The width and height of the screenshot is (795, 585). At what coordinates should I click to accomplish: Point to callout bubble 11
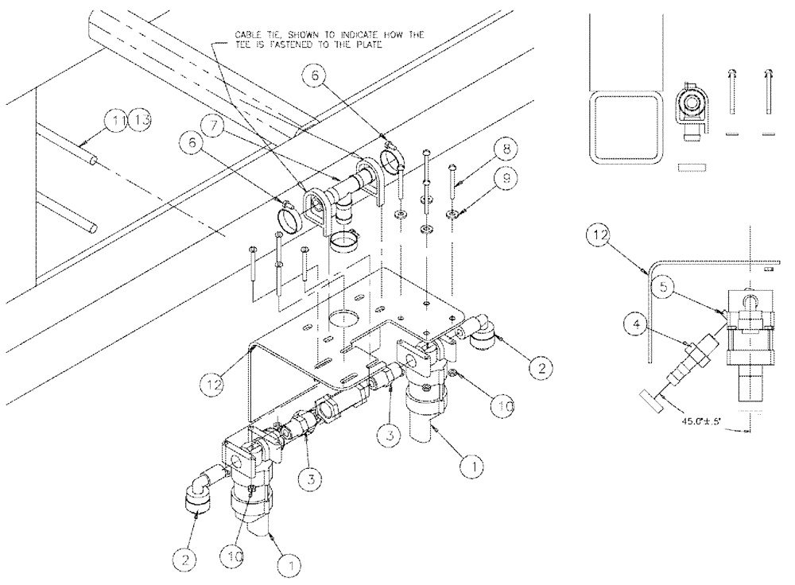pyautogui.click(x=117, y=121)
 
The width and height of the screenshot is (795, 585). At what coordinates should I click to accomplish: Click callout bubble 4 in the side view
pyautogui.click(x=637, y=324)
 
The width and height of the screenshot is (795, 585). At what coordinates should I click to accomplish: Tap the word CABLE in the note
pyautogui.click(x=247, y=34)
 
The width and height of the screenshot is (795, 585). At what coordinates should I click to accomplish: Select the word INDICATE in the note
pyautogui.click(x=366, y=34)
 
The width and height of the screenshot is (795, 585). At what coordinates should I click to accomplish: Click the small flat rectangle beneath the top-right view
pyautogui.click(x=693, y=168)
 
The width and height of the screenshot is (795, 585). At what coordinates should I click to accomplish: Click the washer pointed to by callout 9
pyautogui.click(x=452, y=214)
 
